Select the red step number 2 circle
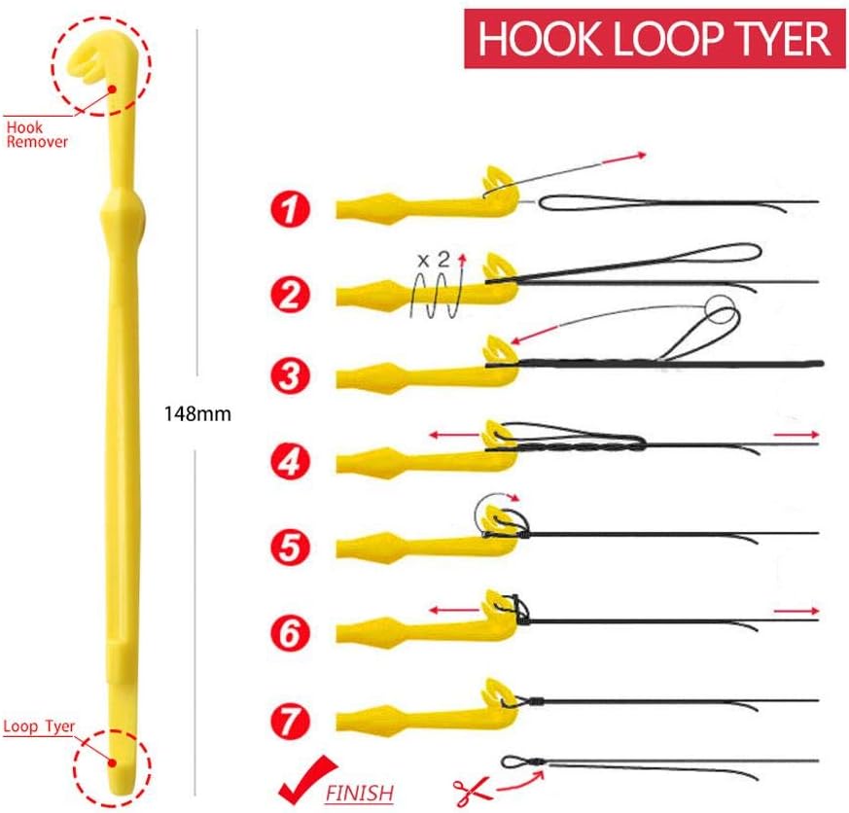(x=291, y=293)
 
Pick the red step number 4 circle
(x=291, y=459)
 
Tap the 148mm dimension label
(x=198, y=412)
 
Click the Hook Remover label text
(x=36, y=134)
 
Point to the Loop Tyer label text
(x=39, y=725)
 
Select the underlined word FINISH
(x=360, y=792)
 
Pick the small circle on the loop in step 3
(x=719, y=311)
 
